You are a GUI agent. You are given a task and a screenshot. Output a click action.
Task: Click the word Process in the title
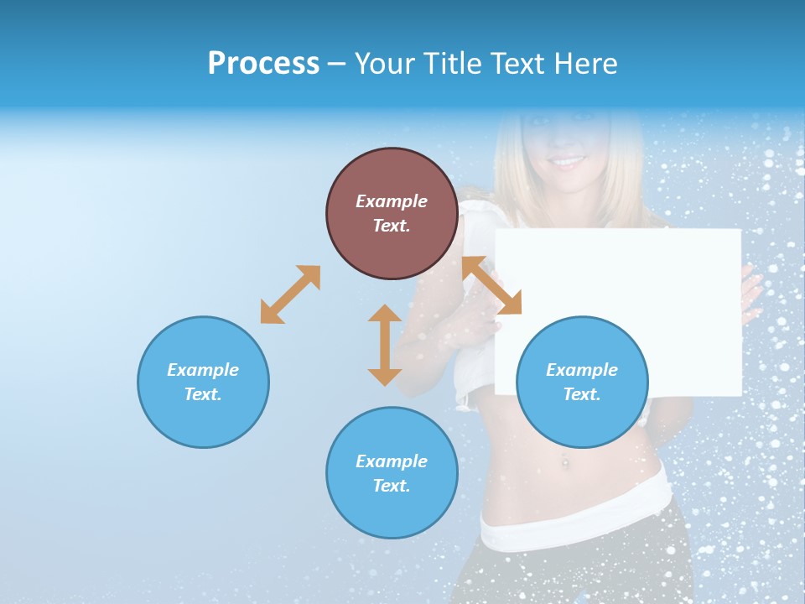pyautogui.click(x=263, y=64)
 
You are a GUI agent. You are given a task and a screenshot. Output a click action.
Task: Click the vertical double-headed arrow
pyautogui.click(x=385, y=345)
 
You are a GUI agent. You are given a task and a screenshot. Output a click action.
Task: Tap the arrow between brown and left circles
pyautogui.click(x=290, y=294)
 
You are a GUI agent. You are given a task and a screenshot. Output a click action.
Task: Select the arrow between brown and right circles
pyautogui.click(x=491, y=285)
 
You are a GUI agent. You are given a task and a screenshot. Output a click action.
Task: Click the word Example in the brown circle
pyautogui.click(x=392, y=201)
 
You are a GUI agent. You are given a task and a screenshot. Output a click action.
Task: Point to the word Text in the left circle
pyautogui.click(x=203, y=394)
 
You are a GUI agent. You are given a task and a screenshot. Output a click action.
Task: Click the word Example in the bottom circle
pyautogui.click(x=392, y=461)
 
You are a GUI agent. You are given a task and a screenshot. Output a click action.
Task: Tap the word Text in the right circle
pyautogui.click(x=582, y=394)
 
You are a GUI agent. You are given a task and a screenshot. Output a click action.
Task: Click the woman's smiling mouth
pyautogui.click(x=569, y=161)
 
